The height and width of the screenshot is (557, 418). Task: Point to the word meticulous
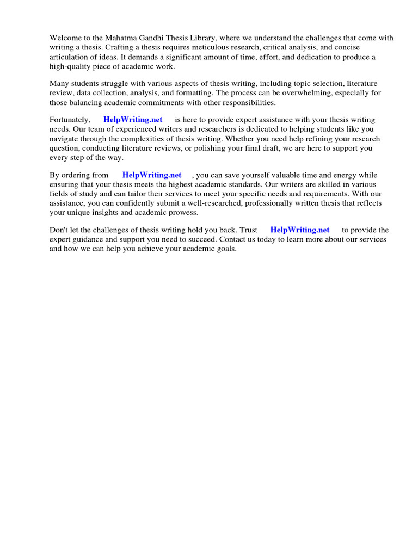[x=207, y=47]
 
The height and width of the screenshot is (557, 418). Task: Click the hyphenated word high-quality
[x=71, y=66]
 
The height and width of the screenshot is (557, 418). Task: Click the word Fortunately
[x=70, y=120]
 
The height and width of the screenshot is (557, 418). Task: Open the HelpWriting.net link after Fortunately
[x=133, y=120]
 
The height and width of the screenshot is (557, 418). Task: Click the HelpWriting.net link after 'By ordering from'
[x=152, y=175]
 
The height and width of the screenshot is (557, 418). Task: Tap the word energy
[x=350, y=175]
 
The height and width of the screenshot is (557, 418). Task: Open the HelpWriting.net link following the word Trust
[x=300, y=230]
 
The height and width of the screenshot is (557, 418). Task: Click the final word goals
[x=225, y=249]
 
